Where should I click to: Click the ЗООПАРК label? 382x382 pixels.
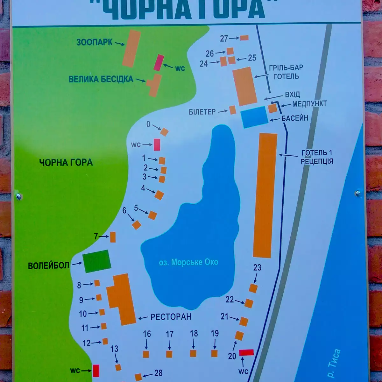[x=94, y=42]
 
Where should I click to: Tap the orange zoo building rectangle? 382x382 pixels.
[x=132, y=49]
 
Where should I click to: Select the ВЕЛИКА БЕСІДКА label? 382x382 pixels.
[x=101, y=79]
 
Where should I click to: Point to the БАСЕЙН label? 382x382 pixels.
[x=295, y=118]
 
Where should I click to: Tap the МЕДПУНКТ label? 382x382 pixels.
[x=309, y=104]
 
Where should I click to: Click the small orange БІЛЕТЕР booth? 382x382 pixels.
[x=233, y=110]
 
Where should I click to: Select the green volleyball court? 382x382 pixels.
[x=97, y=261]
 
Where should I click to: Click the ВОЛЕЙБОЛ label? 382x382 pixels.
[x=48, y=265]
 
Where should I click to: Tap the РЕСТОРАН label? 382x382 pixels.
[x=171, y=317]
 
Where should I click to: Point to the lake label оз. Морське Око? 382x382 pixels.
[x=188, y=262]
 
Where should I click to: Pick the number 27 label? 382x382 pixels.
[x=224, y=39]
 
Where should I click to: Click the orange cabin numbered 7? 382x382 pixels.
[x=113, y=237]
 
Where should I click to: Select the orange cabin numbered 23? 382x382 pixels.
[x=253, y=288]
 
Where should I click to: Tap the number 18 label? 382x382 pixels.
[x=194, y=333]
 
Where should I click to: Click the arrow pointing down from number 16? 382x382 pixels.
[x=146, y=344]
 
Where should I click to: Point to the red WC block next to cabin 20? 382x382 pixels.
[x=246, y=352]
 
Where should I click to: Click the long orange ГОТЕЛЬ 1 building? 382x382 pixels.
[x=265, y=195]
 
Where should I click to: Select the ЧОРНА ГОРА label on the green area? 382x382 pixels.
[x=66, y=163]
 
